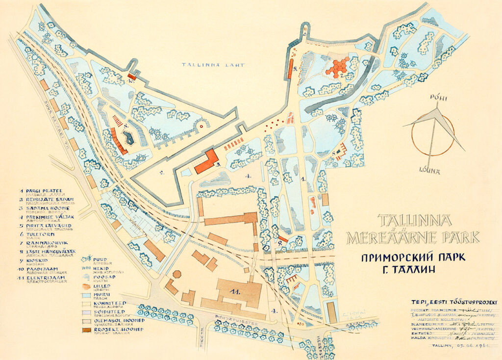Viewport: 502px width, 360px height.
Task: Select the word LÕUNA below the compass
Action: pyautogui.click(x=429, y=172)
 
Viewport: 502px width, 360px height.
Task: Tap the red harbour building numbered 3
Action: pyautogui.click(x=206, y=162)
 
